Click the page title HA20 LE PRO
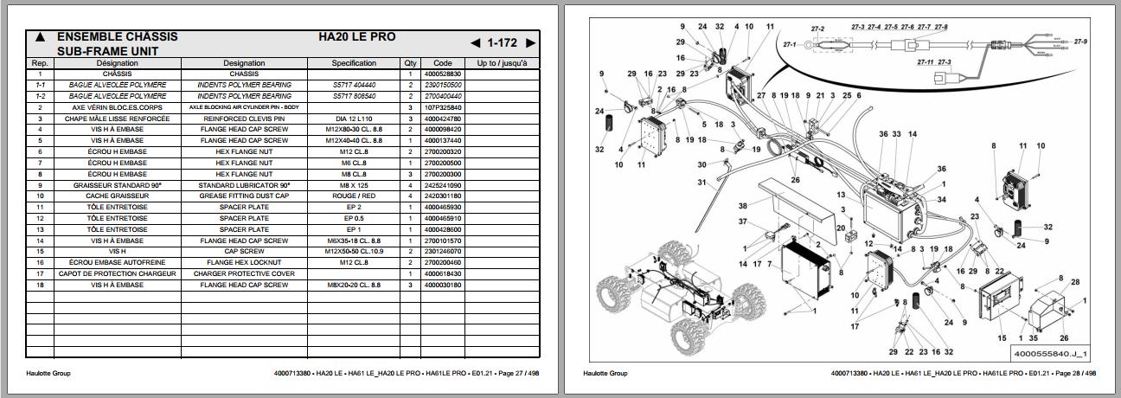[357, 37]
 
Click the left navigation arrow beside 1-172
[476, 43]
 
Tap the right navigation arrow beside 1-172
[530, 43]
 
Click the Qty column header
[410, 63]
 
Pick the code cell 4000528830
[442, 74]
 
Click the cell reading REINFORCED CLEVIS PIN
[244, 119]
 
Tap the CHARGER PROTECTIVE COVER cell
[244, 273]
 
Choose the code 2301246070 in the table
[442, 251]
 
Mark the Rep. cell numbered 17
[40, 273]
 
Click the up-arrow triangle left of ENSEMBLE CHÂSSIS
[40, 37]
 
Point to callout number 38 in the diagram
[742, 206]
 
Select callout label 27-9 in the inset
[1080, 41]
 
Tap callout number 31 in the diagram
[702, 182]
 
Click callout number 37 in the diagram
[742, 221]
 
